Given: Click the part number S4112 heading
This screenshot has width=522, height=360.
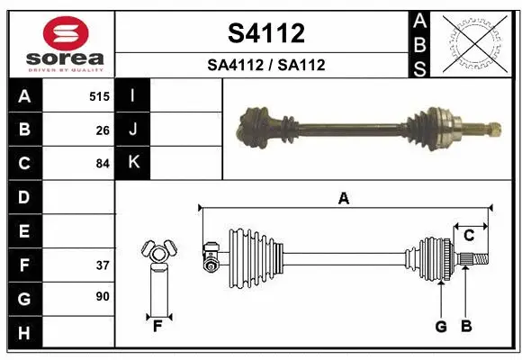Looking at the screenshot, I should coord(265,33).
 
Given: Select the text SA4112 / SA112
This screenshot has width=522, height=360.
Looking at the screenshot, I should coord(265,65).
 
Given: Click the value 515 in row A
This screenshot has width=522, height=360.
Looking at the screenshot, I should coord(99,96).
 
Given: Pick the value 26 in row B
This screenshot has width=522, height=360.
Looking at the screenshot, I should coord(102,130).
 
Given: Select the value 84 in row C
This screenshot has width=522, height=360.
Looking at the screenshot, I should coord(102,164).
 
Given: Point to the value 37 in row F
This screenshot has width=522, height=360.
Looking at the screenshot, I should coord(102,265).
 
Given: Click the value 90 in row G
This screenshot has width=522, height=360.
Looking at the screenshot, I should coord(102,296).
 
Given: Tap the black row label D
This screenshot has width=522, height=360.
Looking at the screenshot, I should coord(24,197).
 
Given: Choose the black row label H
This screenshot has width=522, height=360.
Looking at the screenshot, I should coord(24,333).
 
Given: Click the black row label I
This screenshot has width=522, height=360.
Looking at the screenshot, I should coord(133,96).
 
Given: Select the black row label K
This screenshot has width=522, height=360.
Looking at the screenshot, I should coord(133,163).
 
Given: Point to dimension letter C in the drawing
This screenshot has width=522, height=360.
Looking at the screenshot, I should coord(469,236).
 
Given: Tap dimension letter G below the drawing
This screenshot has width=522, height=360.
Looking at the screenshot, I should coord(441,327).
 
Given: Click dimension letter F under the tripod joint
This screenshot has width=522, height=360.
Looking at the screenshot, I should coord(157,327).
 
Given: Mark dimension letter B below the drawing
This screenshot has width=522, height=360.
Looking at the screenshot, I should coord(466,327).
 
